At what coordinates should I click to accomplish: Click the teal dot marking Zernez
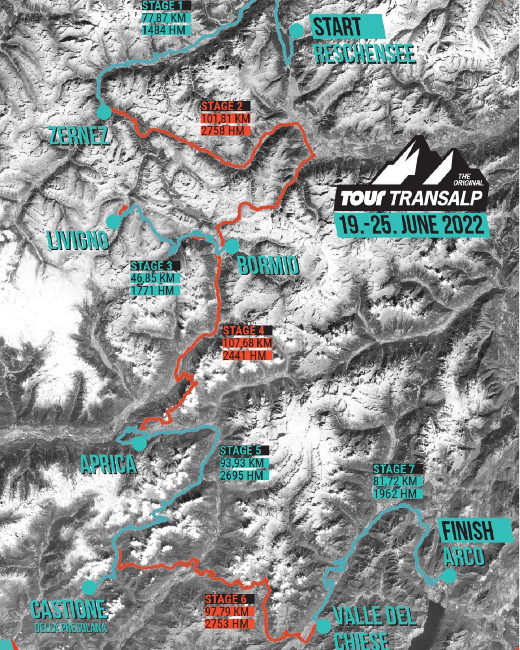(x=104, y=112)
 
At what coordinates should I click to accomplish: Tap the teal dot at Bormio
(x=232, y=246)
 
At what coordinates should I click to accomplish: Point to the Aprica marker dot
(x=140, y=444)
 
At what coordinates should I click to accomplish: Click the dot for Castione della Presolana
(x=89, y=587)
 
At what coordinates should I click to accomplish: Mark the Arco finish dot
(x=449, y=575)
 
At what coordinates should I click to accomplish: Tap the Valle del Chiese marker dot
(x=322, y=626)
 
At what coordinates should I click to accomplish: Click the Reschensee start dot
(x=296, y=30)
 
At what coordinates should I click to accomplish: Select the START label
(x=337, y=26)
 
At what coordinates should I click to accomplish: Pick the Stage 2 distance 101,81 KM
(x=226, y=118)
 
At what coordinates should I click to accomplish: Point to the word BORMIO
(x=268, y=264)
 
